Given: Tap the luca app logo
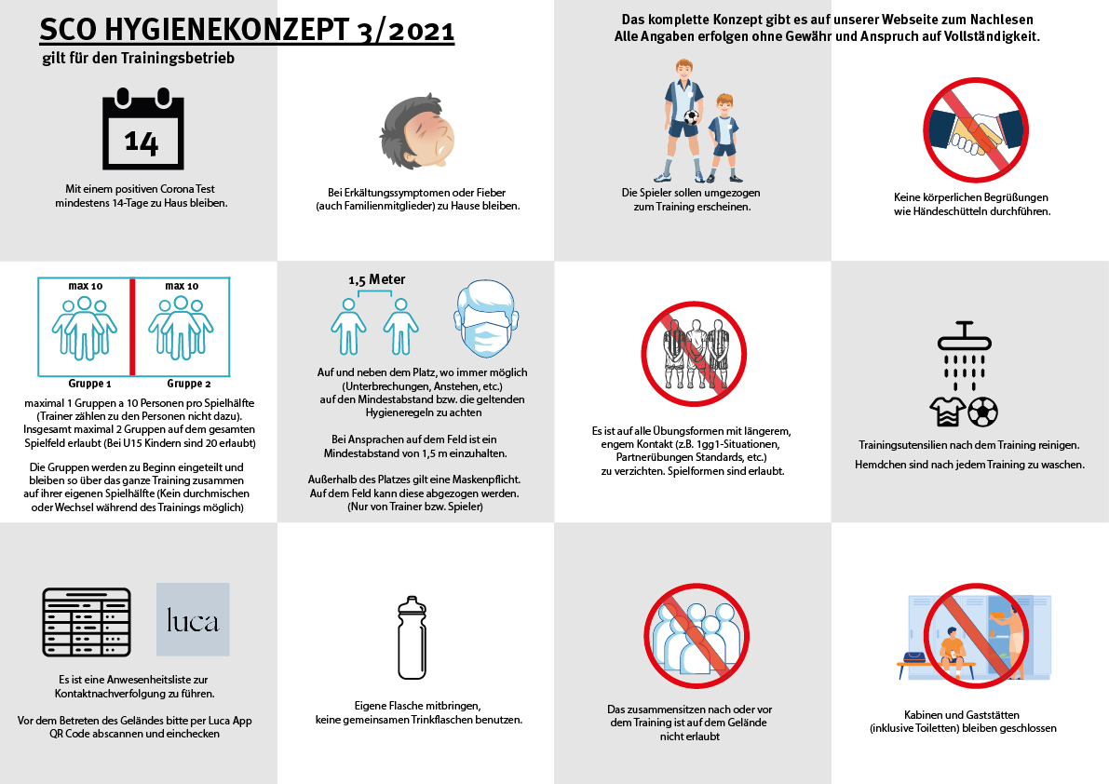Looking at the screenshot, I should point(193,619).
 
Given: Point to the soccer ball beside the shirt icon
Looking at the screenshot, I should point(982,411).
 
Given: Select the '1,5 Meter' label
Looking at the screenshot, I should point(376,279).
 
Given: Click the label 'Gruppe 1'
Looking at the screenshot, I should point(89,383).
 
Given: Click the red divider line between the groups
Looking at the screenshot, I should point(132,326).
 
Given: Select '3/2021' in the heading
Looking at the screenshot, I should point(406,31).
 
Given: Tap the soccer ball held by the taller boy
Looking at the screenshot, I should point(689,118).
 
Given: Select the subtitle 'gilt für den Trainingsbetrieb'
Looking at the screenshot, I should point(138,59).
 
